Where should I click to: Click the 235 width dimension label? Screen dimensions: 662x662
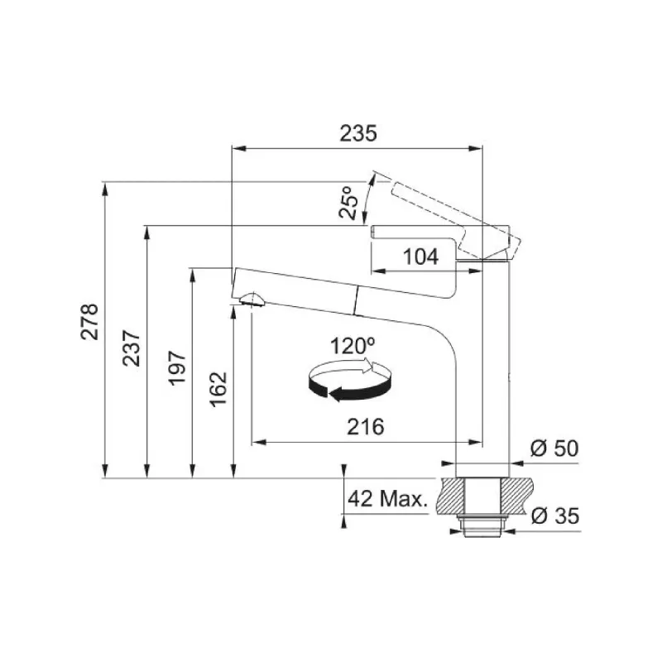(x=358, y=133)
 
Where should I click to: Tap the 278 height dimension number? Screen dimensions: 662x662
(x=89, y=321)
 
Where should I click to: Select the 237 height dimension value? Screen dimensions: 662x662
(x=131, y=348)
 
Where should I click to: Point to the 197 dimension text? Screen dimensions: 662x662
(x=177, y=367)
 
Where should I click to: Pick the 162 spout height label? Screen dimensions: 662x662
(x=218, y=389)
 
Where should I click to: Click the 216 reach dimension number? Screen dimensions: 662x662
(x=366, y=427)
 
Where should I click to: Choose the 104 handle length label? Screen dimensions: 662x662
(x=421, y=257)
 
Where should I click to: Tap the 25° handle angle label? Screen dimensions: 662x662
(x=348, y=202)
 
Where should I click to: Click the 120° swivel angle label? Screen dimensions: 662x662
(x=353, y=346)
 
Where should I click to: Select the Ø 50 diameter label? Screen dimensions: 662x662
(x=554, y=449)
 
